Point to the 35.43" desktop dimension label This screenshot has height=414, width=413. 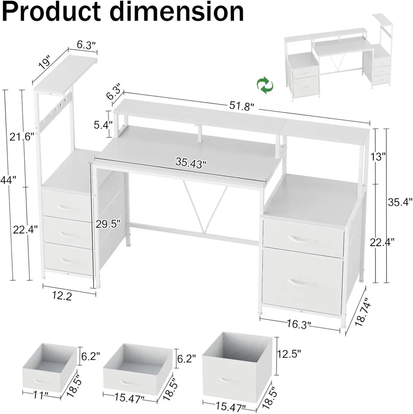point(190,162)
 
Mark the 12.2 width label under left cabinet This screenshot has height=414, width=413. point(62,296)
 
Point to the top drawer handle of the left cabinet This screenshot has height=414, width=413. point(66,206)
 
